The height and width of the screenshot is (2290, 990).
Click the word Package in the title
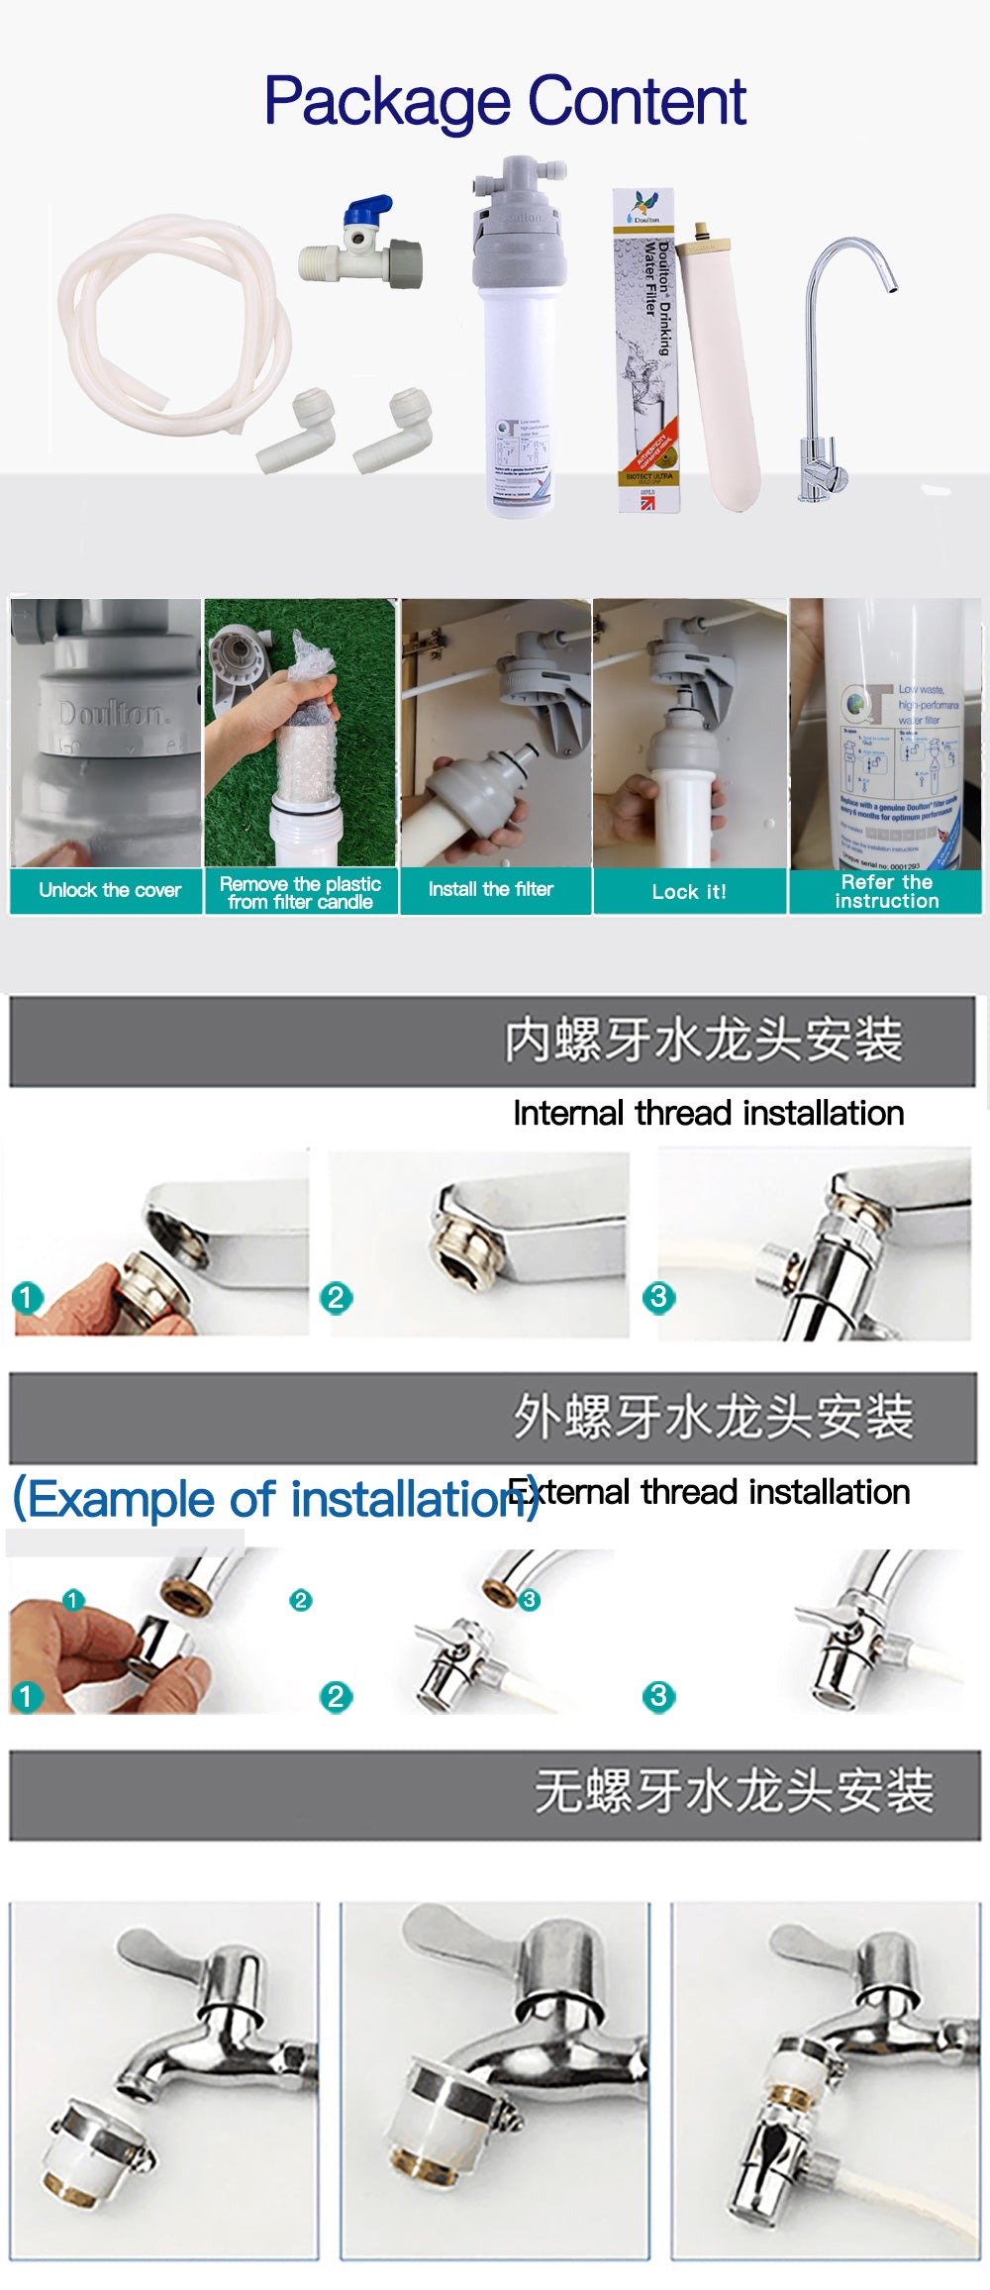point(388,102)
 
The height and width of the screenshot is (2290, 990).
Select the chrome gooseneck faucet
point(832,376)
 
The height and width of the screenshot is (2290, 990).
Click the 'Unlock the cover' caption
point(109,890)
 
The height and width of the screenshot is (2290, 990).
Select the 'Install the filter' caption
point(490,889)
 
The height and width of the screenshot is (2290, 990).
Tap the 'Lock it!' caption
point(689,891)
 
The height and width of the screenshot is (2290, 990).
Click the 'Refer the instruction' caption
point(886,891)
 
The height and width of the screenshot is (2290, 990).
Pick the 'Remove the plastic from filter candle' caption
point(300,892)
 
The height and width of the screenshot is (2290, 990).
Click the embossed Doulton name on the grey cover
point(111,713)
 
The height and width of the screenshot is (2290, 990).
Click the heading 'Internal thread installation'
point(708,1113)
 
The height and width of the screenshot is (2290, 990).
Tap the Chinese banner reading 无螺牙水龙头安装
point(733,1791)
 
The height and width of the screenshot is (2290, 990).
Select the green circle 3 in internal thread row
point(658,1297)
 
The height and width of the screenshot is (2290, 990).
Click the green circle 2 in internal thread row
point(336,1297)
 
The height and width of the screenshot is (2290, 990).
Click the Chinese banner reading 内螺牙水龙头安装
point(703,1040)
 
